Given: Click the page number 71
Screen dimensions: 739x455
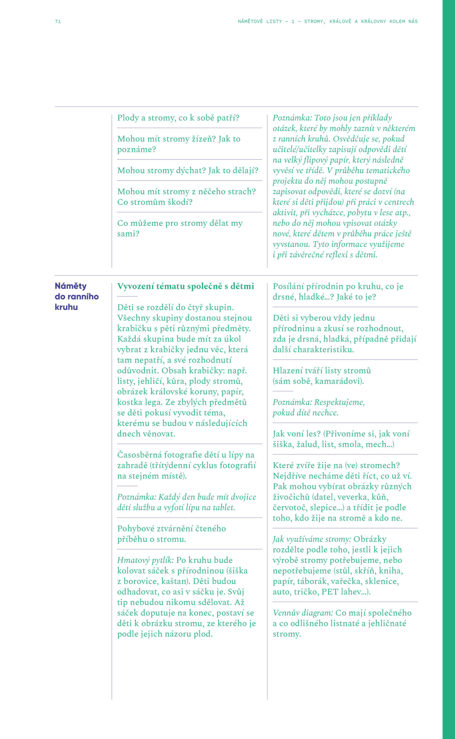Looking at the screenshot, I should point(58,21).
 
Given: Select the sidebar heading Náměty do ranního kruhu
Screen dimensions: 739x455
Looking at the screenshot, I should point(76,296).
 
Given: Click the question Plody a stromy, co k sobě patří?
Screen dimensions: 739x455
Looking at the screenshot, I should point(178,118).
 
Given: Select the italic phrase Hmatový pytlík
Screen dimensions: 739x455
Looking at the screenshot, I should point(145,560).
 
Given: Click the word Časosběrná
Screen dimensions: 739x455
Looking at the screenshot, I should point(139,455).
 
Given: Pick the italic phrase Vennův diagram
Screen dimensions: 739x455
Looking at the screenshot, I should point(303,613).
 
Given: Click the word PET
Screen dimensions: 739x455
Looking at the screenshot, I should point(330,592).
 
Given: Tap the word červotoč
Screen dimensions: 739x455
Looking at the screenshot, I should point(289,507).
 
